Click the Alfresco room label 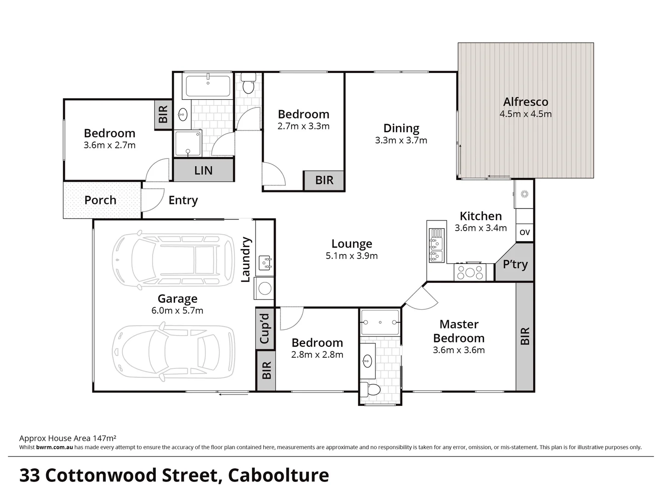525,102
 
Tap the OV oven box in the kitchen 525,232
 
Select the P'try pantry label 515,264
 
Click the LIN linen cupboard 203,170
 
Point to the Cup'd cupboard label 265,328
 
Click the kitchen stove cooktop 469,272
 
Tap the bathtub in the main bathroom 208,85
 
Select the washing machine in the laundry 265,288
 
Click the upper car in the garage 174,260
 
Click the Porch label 100,200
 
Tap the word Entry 183,200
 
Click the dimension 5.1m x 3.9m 352,256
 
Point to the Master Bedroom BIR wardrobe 525,336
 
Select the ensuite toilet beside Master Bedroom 370,390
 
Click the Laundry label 246,259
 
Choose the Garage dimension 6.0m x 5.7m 177,310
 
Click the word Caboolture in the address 279,475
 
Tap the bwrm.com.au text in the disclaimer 54,447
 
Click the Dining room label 401,129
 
